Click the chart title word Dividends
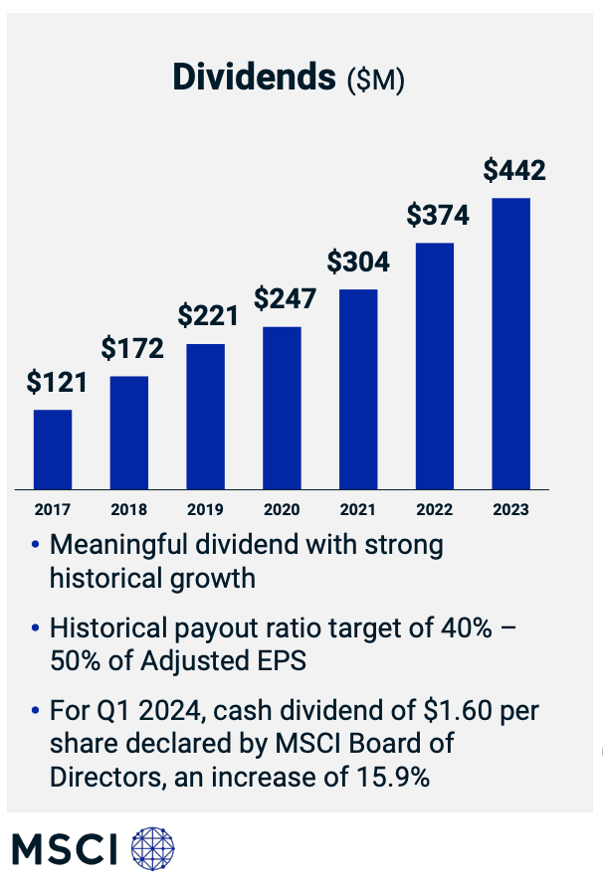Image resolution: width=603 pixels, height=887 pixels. point(255,78)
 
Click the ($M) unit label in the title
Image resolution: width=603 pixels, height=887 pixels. point(375,81)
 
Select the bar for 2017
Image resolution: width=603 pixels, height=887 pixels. point(53,448)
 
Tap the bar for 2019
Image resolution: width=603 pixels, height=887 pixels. point(206,416)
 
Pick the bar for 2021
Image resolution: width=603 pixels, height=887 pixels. point(358,389)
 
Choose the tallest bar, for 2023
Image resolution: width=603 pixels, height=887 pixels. point(511,343)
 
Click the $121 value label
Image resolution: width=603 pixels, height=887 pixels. point(57,382)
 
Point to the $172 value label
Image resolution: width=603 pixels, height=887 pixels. point(132,348)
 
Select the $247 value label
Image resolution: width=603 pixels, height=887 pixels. point(285,298)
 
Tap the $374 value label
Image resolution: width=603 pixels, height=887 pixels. point(438,215)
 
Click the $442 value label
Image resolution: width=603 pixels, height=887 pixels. point(514,170)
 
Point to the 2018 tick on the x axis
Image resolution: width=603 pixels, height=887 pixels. point(129,509)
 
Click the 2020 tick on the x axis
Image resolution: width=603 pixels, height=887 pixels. point(282,509)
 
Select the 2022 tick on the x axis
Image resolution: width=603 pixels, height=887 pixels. point(435,509)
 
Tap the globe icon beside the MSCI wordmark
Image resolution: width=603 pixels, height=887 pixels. point(152,847)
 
